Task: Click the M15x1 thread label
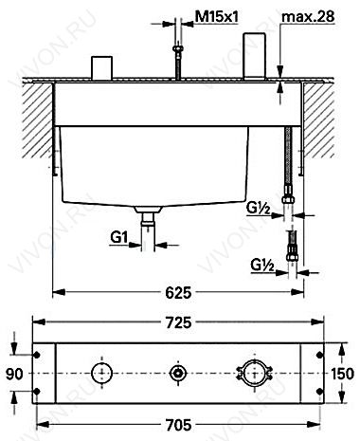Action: pyautogui.click(x=216, y=16)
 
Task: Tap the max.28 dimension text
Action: pyautogui.click(x=308, y=16)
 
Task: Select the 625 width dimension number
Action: pyautogui.click(x=178, y=292)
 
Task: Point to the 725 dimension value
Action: pyautogui.click(x=178, y=322)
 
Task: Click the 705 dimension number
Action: pyautogui.click(x=178, y=425)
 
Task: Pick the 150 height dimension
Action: pyautogui.click(x=343, y=374)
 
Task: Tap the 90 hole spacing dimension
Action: pyautogui.click(x=14, y=374)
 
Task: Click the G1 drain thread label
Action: pyautogui.click(x=118, y=237)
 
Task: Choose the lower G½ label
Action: pyautogui.click(x=262, y=265)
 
